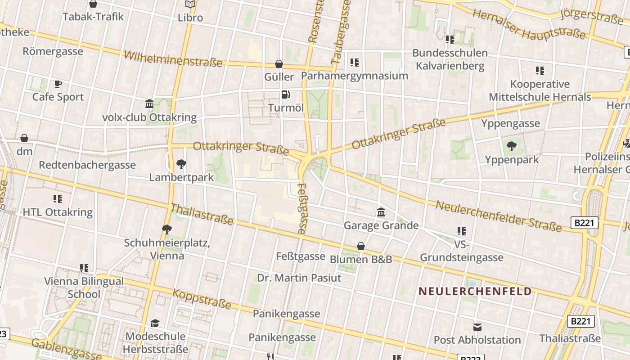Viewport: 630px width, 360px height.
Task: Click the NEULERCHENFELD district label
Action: pos(475,291)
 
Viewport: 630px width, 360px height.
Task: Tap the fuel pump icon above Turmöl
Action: pos(285,94)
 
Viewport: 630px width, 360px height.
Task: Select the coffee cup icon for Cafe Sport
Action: pos(58,84)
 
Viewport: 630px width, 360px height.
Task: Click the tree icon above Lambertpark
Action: pos(181,164)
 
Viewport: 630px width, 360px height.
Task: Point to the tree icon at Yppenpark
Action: pos(511,146)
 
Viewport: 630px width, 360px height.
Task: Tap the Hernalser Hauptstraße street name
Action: pos(529,25)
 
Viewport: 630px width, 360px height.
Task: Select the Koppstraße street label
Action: pos(202,299)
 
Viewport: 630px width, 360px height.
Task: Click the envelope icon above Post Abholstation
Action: pos(477,327)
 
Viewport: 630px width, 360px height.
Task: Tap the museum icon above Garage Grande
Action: pos(381,212)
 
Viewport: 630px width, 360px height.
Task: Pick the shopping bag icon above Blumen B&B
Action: pos(360,246)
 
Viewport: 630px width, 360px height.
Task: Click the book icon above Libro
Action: pos(190,4)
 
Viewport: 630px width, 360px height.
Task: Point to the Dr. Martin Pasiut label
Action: pos(299,278)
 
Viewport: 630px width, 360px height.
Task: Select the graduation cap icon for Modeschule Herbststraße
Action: pos(155,323)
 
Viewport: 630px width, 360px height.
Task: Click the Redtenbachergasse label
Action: pos(87,165)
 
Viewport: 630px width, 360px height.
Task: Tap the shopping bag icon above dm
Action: pos(24,138)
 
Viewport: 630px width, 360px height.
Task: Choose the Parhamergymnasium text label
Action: pos(355,76)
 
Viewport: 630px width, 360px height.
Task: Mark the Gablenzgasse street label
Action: pos(66,350)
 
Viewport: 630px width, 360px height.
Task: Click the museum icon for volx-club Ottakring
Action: pos(149,104)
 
